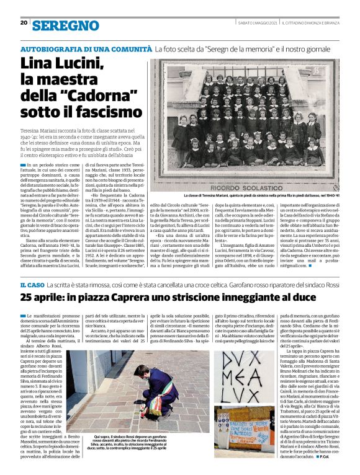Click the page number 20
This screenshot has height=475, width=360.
tap(24, 23)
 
